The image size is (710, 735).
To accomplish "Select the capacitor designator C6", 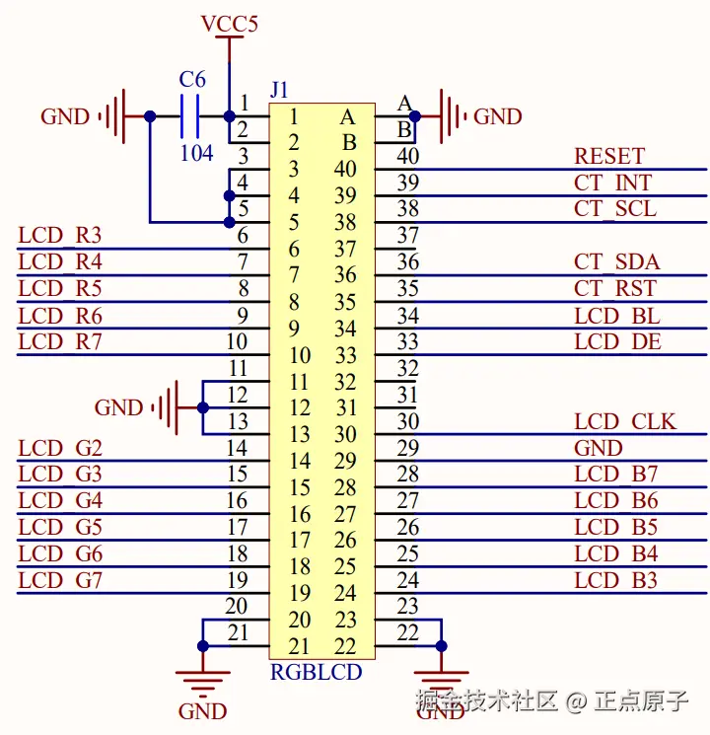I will tap(192, 80).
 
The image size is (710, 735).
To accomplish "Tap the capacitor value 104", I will tap(196, 153).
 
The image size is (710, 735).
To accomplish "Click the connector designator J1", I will tap(279, 90).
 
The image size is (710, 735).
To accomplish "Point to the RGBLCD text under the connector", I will tap(316, 673).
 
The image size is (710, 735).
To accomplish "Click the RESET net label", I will tap(608, 156).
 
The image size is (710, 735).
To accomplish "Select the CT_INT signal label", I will tap(612, 183).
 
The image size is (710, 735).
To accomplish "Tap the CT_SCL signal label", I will tap(614, 209).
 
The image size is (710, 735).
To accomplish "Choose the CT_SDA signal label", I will tap(616, 262).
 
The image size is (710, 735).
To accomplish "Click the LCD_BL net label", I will tap(616, 316).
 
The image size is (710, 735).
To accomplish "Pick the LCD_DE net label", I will tap(617, 342).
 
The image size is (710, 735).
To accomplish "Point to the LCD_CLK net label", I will tap(625, 422).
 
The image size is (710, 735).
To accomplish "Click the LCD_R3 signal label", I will tap(60, 236).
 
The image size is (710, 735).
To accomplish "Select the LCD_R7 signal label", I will tap(60, 342).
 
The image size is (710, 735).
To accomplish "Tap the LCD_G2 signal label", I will tap(60, 449).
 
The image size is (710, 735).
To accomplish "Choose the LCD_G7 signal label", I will tap(60, 581).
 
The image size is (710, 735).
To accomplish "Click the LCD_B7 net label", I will tap(615, 475).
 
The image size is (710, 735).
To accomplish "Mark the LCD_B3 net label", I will tap(615, 581).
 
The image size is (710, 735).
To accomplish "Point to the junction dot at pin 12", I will tap(202, 406).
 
